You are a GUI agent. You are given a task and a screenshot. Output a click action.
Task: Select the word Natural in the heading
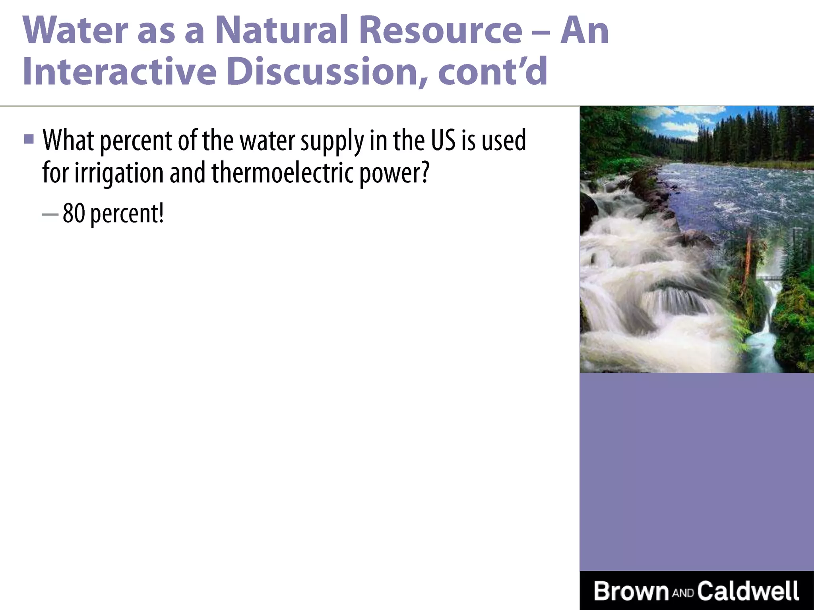coord(281,31)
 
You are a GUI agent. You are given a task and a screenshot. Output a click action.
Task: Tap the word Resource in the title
coord(440,31)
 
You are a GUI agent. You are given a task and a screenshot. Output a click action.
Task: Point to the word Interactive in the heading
coord(120,72)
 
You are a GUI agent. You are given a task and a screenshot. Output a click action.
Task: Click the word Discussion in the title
coord(328,72)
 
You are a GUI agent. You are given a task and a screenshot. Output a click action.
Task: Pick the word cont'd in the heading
coord(493,72)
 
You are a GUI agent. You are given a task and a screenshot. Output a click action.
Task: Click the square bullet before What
coord(29,139)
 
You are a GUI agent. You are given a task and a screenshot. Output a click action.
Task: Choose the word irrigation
coord(119,174)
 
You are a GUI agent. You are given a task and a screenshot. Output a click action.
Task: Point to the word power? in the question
coord(394,174)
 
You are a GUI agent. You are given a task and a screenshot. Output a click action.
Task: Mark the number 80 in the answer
coord(74,213)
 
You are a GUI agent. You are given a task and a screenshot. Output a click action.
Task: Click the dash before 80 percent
coord(50,214)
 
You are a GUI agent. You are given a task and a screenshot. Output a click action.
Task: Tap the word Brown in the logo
coord(631,591)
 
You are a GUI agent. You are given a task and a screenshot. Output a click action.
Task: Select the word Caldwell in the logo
coord(748,591)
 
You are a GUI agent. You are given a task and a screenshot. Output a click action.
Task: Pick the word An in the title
coord(584,31)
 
